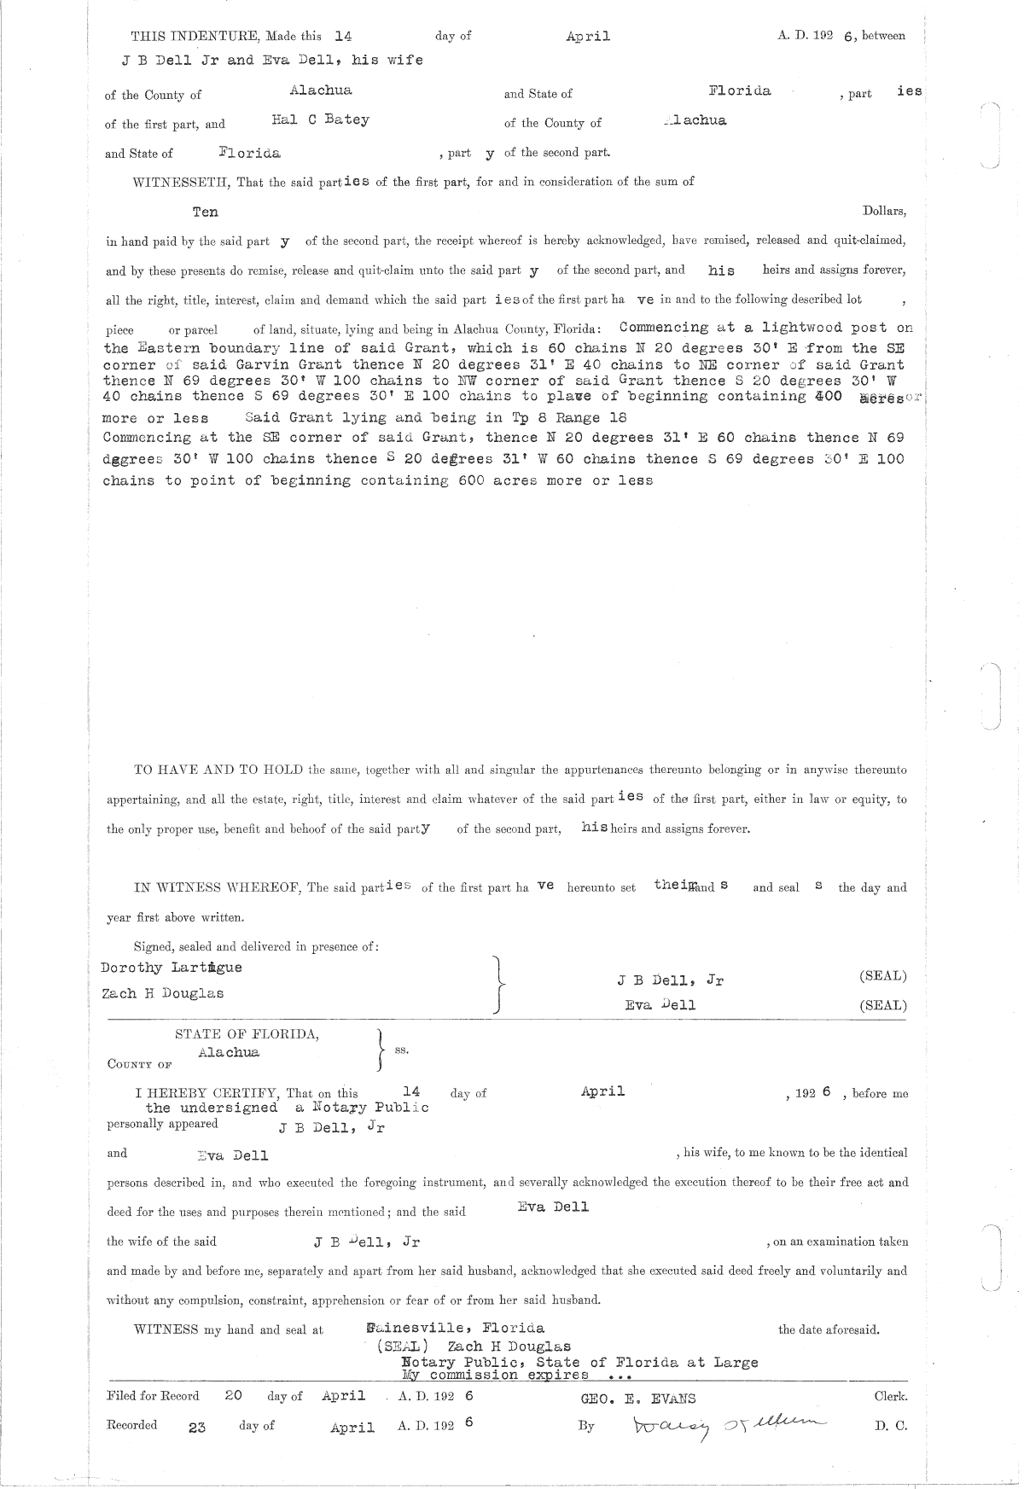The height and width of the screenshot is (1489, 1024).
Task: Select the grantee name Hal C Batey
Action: pos(320,120)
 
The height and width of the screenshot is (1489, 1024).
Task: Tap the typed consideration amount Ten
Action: pos(205,212)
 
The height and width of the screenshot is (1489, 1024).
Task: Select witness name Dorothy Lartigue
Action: pos(171,968)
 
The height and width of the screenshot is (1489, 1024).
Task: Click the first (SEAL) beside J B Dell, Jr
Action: pos(883,976)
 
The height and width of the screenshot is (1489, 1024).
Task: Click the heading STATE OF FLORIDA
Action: pos(247,1034)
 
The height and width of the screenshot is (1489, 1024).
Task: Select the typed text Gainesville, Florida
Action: pos(454,1328)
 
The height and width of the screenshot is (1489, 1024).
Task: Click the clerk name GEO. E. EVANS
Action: pos(638,1398)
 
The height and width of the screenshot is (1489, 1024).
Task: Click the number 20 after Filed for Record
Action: pos(233,1396)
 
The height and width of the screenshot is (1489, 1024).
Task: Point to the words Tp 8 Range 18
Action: pos(567,417)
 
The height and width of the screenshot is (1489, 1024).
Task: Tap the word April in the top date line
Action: pos(587,37)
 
